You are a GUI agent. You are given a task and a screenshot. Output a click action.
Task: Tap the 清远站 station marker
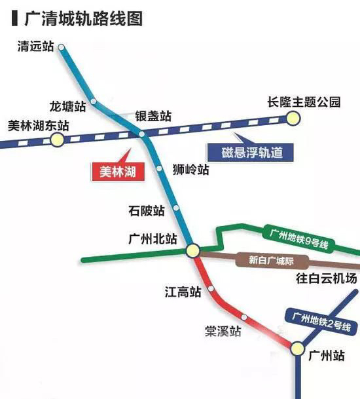pyautogui.click(x=61, y=47)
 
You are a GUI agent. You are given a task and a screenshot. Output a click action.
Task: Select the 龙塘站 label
pyautogui.click(x=68, y=105)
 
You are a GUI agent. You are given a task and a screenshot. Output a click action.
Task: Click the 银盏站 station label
pyautogui.click(x=153, y=116)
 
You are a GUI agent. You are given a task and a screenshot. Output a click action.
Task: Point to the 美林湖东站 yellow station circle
pyautogui.click(x=58, y=139)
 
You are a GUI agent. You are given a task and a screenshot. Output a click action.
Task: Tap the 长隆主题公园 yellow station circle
pyautogui.click(x=292, y=118)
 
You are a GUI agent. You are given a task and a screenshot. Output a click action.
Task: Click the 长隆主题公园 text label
pyautogui.click(x=304, y=102)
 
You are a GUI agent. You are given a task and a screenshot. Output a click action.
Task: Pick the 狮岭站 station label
pyautogui.click(x=192, y=170)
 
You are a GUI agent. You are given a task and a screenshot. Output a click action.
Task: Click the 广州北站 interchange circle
pyautogui.click(x=192, y=250)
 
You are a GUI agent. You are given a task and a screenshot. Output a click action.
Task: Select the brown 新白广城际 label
pyautogui.click(x=268, y=259)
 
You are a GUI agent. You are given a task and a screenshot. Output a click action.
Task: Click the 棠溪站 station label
pyautogui.click(x=223, y=331)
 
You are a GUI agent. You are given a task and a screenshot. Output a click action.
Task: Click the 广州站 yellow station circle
pyautogui.click(x=298, y=347)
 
